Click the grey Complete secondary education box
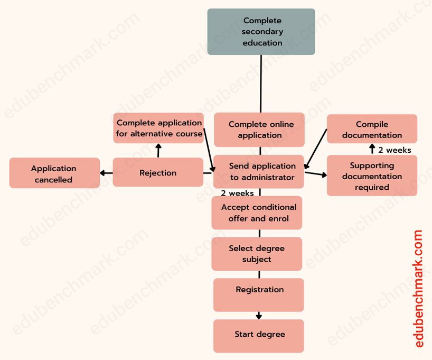click(261, 32)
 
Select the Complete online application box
click(259, 130)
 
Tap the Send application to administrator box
click(259, 172)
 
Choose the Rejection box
click(158, 172)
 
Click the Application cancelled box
click(54, 173)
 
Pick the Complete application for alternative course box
click(159, 128)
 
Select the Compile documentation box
click(372, 129)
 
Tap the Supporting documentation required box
click(372, 176)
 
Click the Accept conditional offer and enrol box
click(257, 213)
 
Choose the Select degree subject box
click(257, 254)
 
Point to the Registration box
click(259, 294)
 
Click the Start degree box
click(259, 336)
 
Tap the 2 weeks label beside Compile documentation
click(395, 150)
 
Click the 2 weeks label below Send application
click(237, 193)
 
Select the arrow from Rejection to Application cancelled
click(106, 173)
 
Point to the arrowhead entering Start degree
click(259, 317)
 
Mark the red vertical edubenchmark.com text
click(418, 288)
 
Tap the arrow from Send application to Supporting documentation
click(315, 173)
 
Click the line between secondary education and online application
click(261, 84)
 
